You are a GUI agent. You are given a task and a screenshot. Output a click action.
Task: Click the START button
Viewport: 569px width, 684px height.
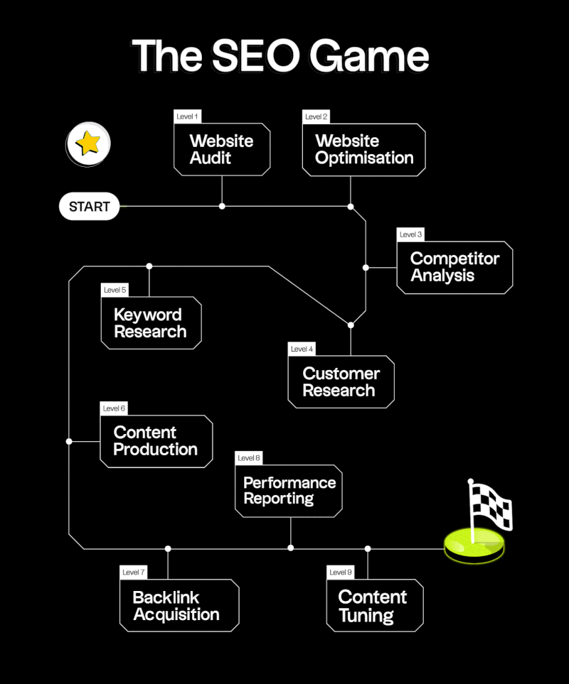point(89,207)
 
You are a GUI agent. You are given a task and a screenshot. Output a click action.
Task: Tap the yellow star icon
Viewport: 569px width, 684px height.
point(88,144)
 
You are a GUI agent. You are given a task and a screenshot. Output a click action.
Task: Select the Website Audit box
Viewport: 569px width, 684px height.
point(222,150)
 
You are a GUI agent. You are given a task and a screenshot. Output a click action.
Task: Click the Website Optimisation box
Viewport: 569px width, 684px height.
point(363,150)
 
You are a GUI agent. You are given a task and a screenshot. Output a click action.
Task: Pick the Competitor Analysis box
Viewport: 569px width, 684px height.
point(454,268)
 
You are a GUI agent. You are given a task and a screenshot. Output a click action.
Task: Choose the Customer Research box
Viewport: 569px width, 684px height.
point(341,382)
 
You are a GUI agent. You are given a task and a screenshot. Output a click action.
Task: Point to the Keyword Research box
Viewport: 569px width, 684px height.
point(151,323)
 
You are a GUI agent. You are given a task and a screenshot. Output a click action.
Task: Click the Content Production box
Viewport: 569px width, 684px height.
point(156,441)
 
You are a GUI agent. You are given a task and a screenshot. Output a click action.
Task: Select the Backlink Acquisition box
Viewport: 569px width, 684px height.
point(179,606)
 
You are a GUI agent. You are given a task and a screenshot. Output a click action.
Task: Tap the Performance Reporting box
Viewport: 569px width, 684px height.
point(288,491)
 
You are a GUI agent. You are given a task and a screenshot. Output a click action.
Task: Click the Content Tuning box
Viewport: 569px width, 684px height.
point(374,606)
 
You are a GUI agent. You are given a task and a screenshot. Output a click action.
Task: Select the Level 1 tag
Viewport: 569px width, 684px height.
point(188,116)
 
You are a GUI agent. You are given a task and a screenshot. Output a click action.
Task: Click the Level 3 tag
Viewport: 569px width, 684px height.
point(410,234)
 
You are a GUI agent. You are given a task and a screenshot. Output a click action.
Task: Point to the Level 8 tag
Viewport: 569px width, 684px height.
point(249,458)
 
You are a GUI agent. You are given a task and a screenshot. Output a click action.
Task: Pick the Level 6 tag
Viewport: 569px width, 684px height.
point(114,408)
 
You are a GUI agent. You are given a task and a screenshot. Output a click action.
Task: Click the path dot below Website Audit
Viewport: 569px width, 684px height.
point(222,206)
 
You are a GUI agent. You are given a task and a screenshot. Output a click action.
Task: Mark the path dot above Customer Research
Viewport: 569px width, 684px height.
point(351,325)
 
